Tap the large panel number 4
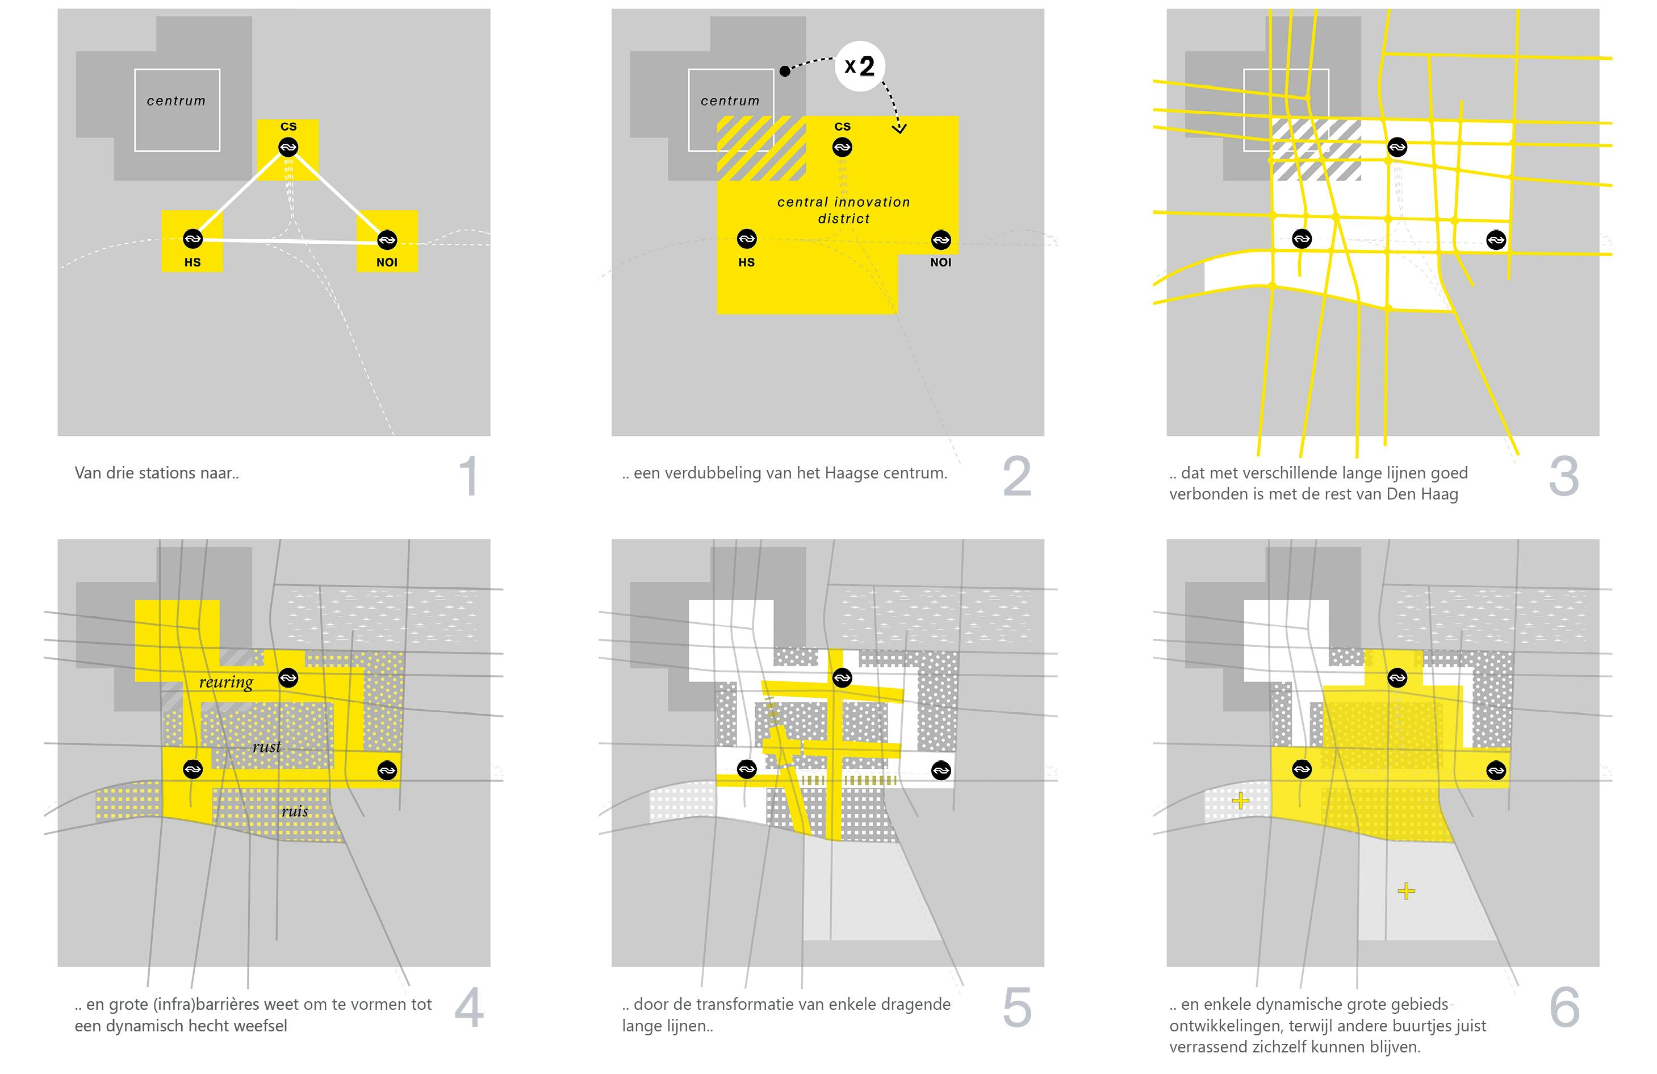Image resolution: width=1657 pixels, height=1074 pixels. coord(469,1008)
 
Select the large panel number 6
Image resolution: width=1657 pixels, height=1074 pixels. coord(1564,1008)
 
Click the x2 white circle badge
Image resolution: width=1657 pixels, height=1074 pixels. coord(860,66)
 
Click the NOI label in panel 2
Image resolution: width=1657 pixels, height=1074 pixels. coord(940,263)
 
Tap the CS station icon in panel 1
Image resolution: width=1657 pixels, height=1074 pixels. coord(288,147)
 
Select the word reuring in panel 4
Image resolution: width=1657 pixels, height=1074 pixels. coord(226,682)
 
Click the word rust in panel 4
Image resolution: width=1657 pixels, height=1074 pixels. coord(267,747)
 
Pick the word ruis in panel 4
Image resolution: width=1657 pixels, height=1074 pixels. coord(295,811)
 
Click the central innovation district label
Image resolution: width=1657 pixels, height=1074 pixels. coord(844,210)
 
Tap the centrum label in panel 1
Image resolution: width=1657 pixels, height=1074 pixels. coord(176,101)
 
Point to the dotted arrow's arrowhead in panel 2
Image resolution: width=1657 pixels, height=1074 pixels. coord(899,128)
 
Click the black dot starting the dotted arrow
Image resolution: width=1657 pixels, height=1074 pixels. coord(785,71)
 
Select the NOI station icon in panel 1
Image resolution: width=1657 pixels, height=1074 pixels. coord(387,240)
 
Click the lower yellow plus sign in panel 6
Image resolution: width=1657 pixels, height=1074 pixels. coord(1407,891)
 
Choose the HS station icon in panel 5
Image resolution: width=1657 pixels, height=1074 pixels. coord(746,769)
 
